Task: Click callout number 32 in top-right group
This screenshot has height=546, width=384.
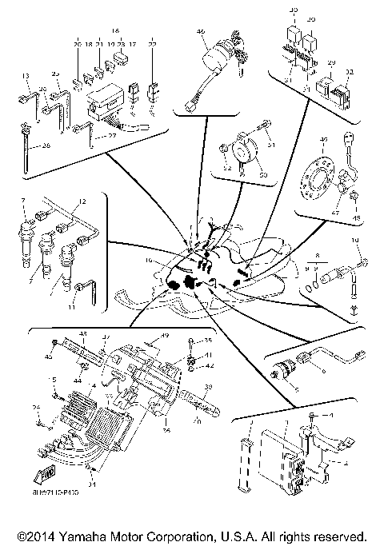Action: [349, 72]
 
